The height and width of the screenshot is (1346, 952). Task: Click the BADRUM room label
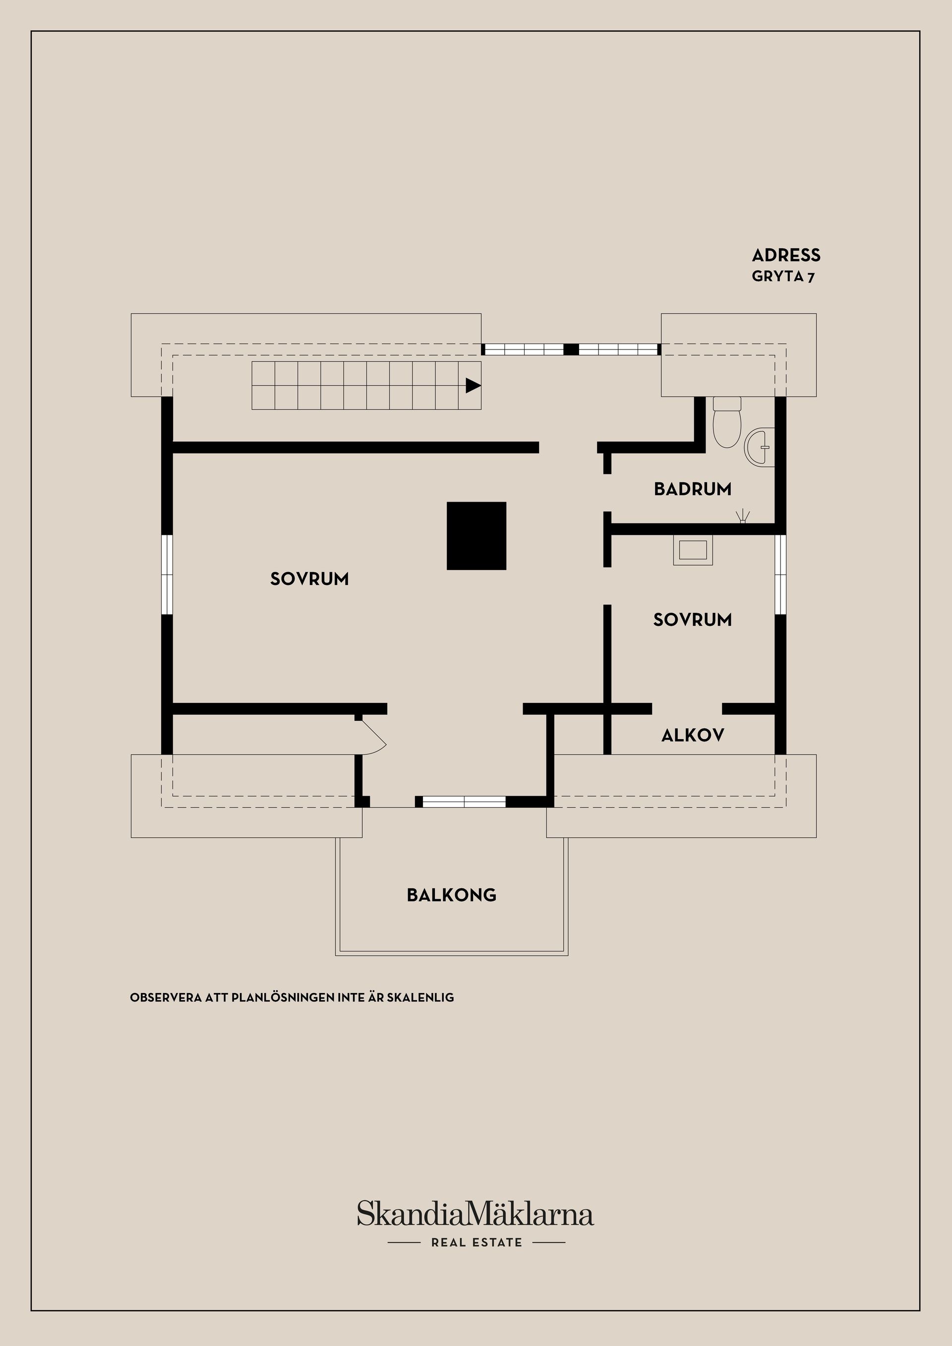pos(692,489)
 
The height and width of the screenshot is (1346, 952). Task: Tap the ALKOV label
pos(692,735)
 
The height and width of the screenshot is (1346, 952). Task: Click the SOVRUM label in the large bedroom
pos(309,579)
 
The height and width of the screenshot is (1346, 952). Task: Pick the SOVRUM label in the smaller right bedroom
pos(692,620)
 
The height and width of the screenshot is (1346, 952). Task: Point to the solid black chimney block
pos(476,535)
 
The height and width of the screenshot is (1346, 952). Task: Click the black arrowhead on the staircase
pos(473,385)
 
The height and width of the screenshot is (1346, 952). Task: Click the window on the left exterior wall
pos(167,574)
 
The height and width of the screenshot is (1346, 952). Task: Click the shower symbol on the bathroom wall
pos(743,517)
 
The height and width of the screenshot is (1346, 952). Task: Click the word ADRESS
pos(785,256)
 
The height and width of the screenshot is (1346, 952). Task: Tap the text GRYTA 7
pos(782,277)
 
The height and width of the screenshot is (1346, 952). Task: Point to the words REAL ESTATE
pos(476,1242)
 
